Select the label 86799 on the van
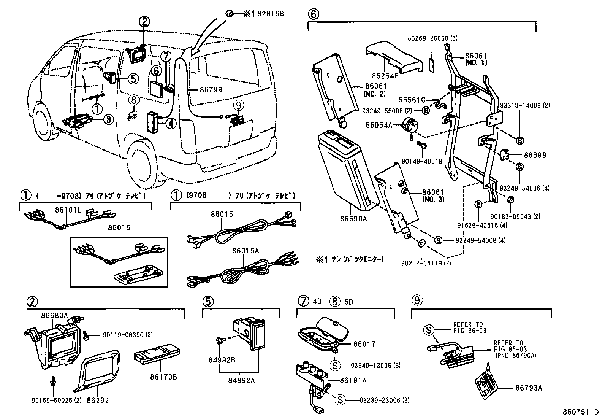tap(211, 90)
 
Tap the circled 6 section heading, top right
tap(313, 14)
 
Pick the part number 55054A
tap(379, 125)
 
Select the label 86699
tap(535, 155)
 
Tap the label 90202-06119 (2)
tap(426, 263)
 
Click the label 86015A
tap(245, 251)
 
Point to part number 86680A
tap(54, 315)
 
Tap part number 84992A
tap(241, 380)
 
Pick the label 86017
tap(364, 344)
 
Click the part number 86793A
tap(529, 388)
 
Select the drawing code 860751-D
tap(581, 412)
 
